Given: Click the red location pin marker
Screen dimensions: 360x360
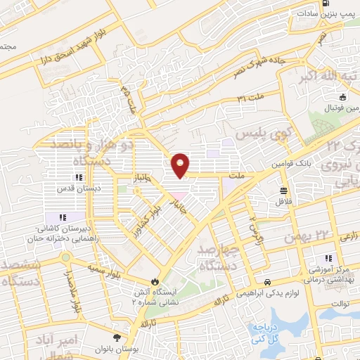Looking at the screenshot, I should [181, 165].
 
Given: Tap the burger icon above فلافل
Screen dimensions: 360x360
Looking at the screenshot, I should [283, 191].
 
